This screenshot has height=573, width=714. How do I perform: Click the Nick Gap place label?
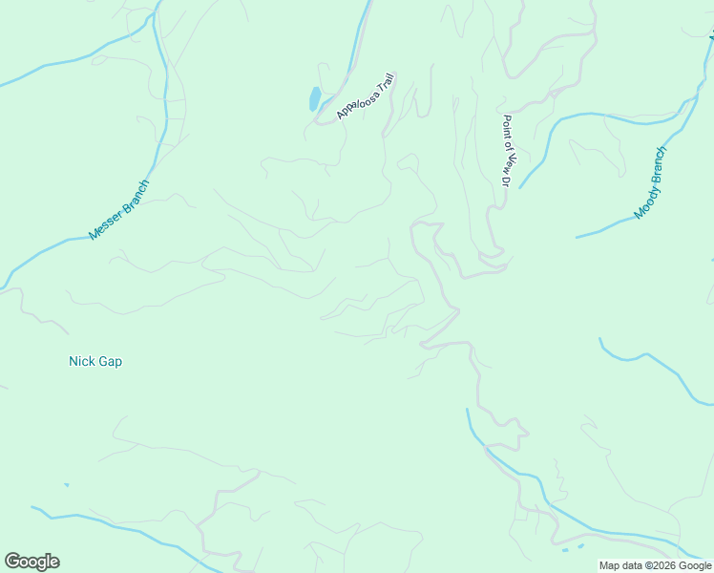coord(95,362)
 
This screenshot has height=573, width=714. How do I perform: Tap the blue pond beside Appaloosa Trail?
coord(314,98)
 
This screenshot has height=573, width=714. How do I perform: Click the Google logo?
coord(31,562)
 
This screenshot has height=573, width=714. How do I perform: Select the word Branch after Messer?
coord(135,193)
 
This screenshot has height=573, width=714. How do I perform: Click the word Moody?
coord(646,200)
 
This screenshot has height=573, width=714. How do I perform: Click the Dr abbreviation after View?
coord(508,178)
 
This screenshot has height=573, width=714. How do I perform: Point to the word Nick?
coord(81,362)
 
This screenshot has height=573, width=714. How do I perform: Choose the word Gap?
coord(110,362)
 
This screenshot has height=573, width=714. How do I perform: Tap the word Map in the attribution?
coord(609,565)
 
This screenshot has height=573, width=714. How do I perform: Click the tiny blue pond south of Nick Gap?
coord(66,485)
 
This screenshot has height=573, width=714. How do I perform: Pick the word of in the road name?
coord(508,141)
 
